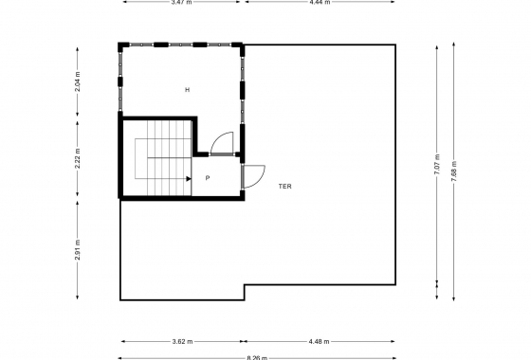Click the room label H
[188, 90]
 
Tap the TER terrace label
[284, 187]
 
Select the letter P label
[208, 177]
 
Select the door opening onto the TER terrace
[253, 175]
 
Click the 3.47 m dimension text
[182, 3]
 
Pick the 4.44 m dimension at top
[319, 3]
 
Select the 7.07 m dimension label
[437, 165]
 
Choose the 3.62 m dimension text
[182, 341]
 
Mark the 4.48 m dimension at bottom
[320, 341]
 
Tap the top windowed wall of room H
[180, 44]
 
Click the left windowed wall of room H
[119, 80]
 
